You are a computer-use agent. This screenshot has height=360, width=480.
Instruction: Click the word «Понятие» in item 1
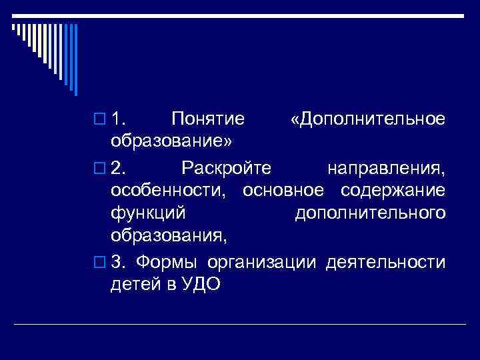pyautogui.click(x=207, y=119)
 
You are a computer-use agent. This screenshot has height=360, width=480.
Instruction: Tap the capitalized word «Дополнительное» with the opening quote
pyautogui.click(x=368, y=119)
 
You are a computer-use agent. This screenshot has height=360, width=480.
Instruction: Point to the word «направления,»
pyautogui.click(x=386, y=166)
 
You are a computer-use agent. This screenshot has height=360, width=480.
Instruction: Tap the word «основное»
pyautogui.click(x=285, y=190)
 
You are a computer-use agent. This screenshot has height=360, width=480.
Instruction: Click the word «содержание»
pyautogui.click(x=393, y=190)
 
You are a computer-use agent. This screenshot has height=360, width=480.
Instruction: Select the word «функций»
pyautogui.click(x=148, y=213)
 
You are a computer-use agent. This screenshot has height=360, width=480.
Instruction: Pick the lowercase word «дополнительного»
pyautogui.click(x=369, y=213)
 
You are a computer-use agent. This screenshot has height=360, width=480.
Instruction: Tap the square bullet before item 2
pyautogui.click(x=100, y=167)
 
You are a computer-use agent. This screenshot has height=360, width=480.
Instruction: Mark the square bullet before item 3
pyautogui.click(x=100, y=261)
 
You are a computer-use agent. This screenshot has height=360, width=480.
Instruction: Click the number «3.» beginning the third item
pyautogui.click(x=118, y=261)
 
